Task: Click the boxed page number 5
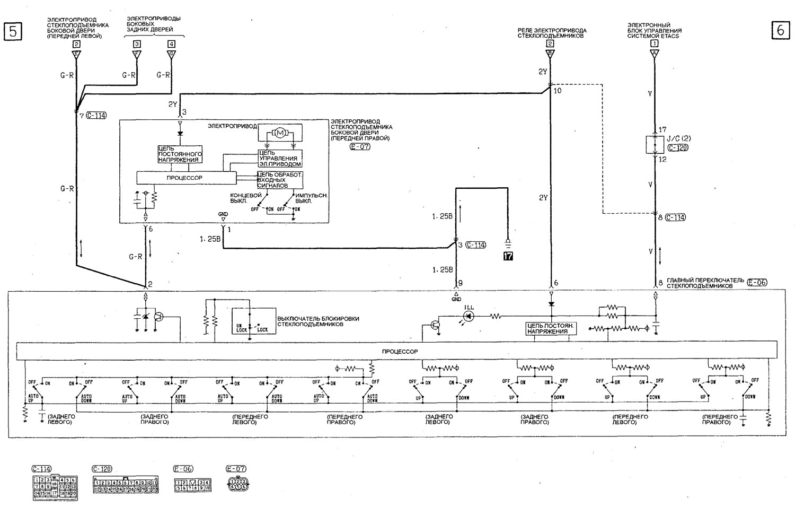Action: coord(13,31)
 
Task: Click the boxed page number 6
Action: coord(780,31)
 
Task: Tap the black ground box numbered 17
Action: coord(508,257)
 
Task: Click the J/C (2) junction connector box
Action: coord(655,144)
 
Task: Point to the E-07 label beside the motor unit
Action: coord(360,146)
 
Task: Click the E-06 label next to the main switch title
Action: coord(757,283)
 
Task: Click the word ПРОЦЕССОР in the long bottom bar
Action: coord(400,352)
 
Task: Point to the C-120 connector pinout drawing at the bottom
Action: coord(126,486)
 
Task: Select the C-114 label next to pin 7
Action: coord(96,115)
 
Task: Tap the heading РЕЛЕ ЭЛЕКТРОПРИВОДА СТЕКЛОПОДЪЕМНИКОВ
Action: coord(552,33)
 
